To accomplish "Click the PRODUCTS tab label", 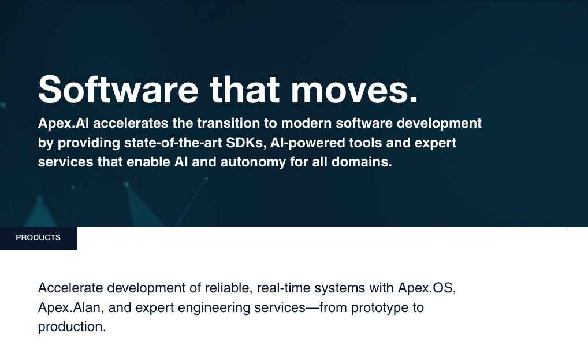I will (38, 238).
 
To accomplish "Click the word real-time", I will (281, 288).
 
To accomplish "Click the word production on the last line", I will (72, 327).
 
